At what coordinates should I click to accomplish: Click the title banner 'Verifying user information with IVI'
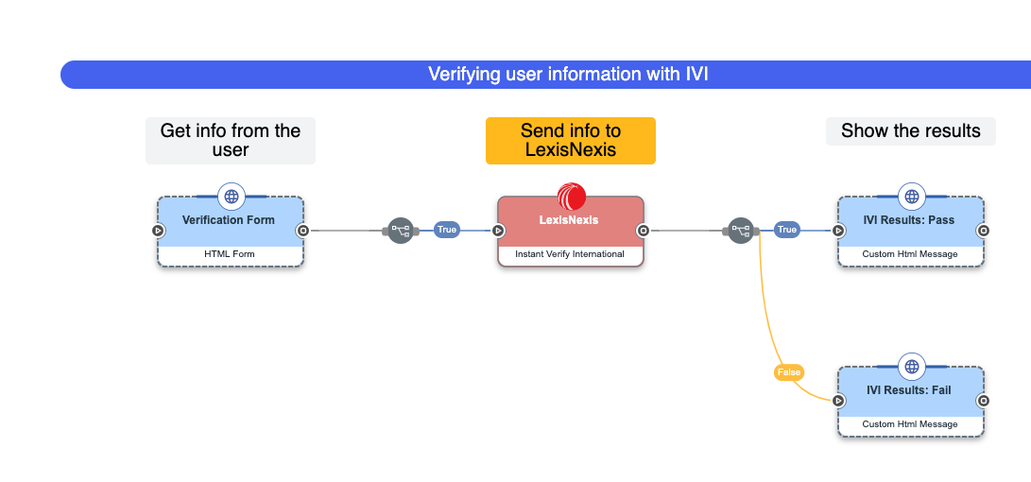point(567,75)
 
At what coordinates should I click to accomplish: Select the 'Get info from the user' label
point(231,141)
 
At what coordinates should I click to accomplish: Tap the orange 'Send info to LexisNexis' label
point(570,141)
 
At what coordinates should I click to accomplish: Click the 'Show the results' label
point(910,131)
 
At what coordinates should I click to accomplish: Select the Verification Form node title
point(229,220)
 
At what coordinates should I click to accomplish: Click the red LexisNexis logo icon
point(572,197)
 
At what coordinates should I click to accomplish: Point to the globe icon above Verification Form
point(231,197)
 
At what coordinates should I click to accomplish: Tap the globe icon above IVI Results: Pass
point(911,197)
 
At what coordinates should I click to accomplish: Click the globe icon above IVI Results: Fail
point(911,367)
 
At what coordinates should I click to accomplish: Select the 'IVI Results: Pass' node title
point(909,220)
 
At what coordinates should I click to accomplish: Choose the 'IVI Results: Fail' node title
point(909,390)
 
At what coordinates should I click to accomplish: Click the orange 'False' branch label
point(788,372)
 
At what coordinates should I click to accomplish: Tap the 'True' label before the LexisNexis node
point(446,230)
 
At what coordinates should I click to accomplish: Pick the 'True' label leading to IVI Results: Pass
point(786,230)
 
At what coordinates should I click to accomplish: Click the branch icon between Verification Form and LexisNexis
point(401,230)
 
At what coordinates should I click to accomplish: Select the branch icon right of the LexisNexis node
point(740,230)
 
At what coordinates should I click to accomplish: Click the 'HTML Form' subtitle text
point(230,254)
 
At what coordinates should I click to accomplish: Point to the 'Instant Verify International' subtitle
point(570,254)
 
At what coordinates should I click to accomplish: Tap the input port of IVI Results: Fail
point(838,401)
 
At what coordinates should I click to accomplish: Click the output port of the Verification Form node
point(302,230)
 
